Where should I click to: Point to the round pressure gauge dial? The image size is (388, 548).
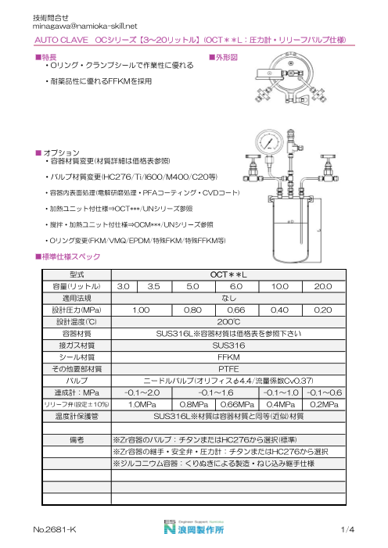(x=268, y=145)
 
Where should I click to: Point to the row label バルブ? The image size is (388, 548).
(x=76, y=378)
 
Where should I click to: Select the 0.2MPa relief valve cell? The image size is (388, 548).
(x=324, y=404)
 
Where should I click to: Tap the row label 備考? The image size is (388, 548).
(x=76, y=440)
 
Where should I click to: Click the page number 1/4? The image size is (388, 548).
(x=348, y=530)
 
